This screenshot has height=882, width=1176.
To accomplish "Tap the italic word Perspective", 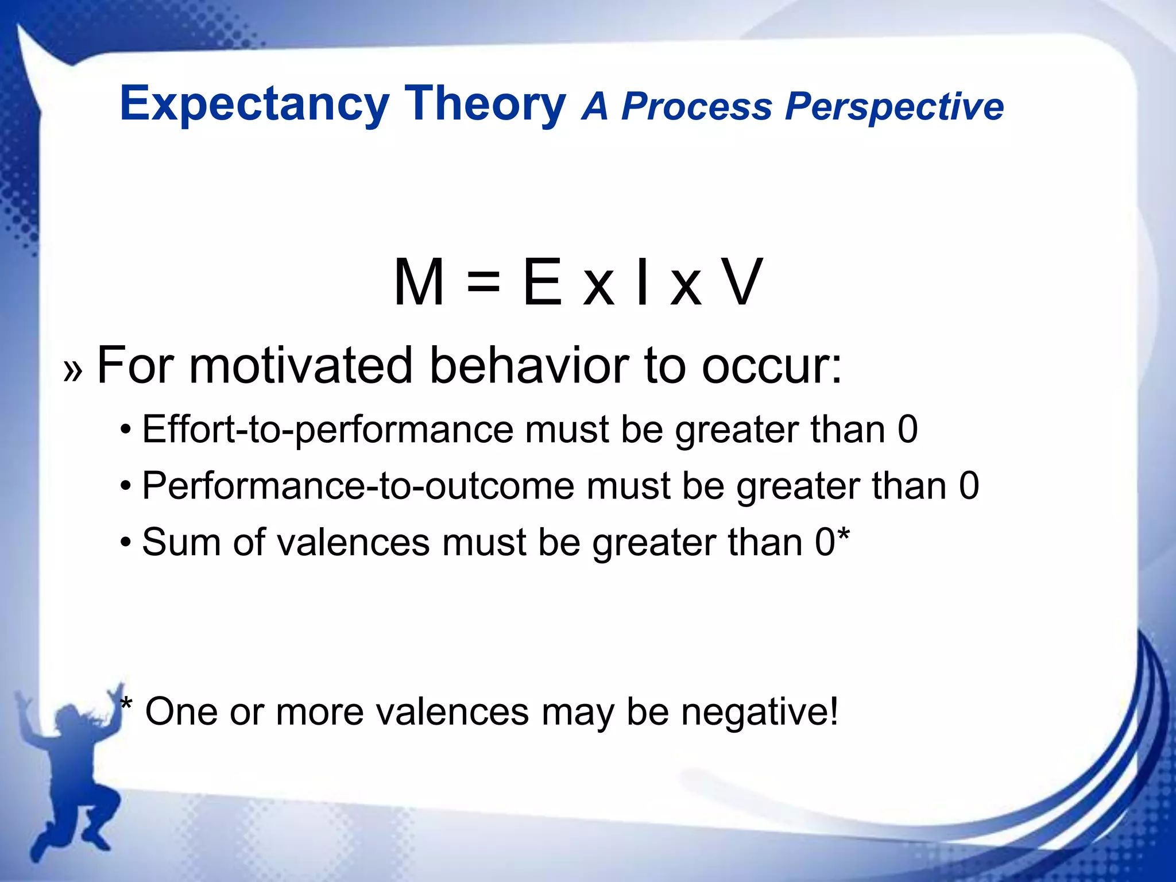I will click(x=894, y=107).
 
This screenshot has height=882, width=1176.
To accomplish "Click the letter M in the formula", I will click(x=419, y=283).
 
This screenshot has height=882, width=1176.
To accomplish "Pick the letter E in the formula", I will click(x=542, y=283).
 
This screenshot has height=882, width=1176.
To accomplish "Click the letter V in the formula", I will click(x=742, y=283).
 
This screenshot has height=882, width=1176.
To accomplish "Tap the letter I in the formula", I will click(x=643, y=283).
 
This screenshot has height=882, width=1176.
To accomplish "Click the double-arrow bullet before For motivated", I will click(x=73, y=370).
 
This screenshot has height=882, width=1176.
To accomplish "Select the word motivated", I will click(x=301, y=365).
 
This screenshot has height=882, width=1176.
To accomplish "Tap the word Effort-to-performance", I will click(x=327, y=430).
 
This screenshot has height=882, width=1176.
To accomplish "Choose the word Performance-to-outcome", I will click(x=358, y=486).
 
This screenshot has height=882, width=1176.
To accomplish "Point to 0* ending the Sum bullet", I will click(x=832, y=541).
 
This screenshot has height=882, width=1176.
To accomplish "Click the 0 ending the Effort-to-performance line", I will click(x=907, y=430).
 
